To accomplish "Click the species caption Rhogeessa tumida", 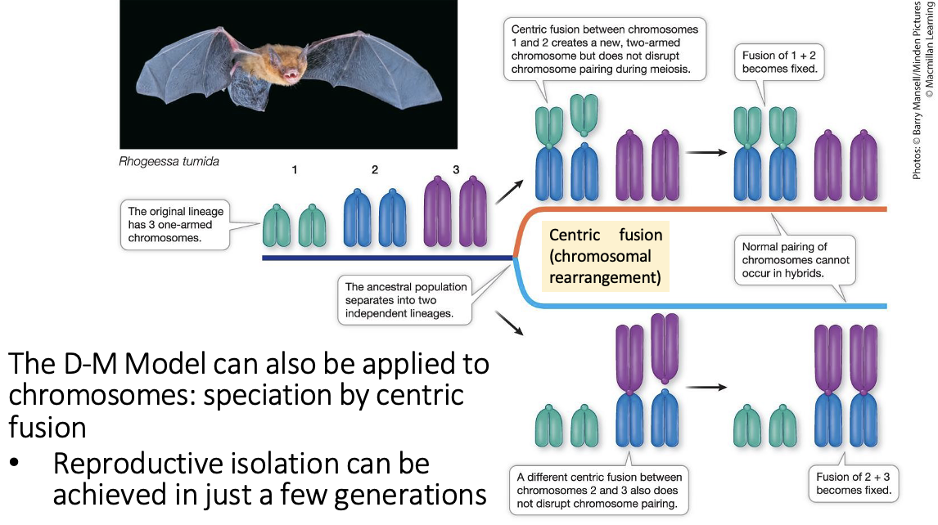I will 169,161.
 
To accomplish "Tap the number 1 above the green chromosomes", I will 294,169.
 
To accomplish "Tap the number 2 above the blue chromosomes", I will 374,169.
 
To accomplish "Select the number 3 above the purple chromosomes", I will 456,169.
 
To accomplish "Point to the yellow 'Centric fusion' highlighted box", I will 605,256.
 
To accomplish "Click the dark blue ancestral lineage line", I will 385,258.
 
